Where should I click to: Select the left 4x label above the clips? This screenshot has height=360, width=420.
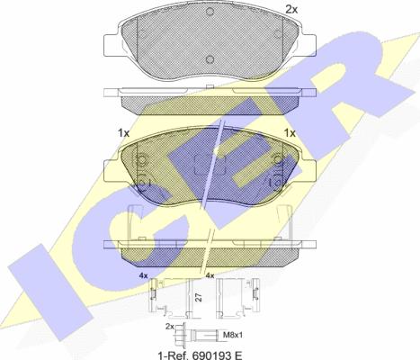coord(143,274)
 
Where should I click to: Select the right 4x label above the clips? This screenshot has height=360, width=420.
coord(209,274)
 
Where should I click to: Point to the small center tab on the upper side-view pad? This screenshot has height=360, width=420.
coord(208,86)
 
